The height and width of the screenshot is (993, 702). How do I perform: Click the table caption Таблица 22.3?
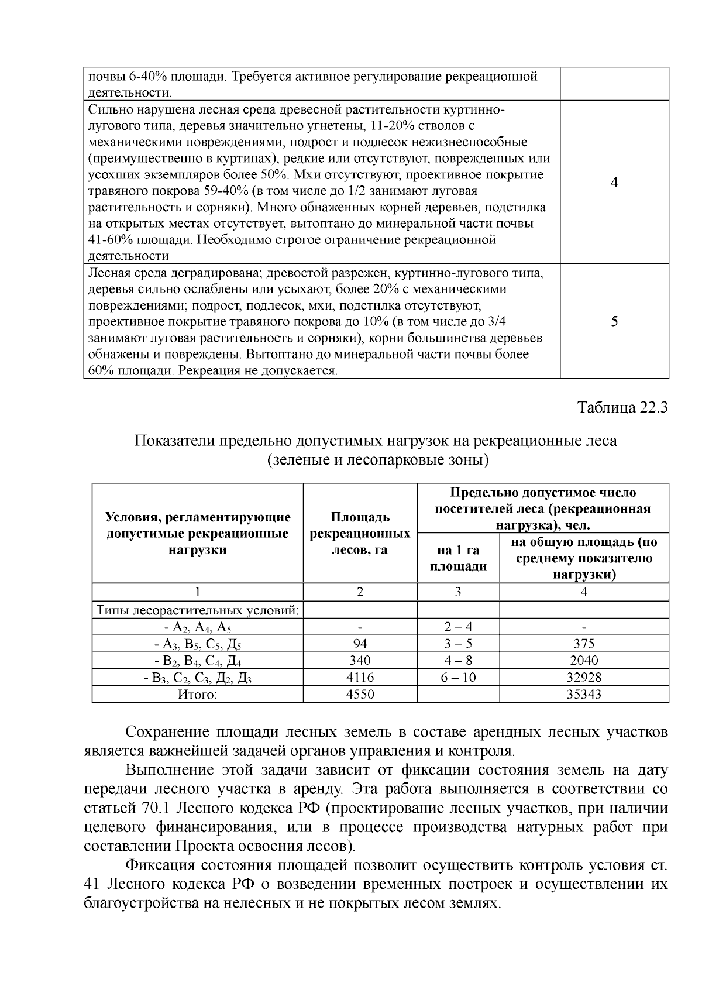pos(622,407)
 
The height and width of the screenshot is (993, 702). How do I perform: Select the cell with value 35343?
pos(583,695)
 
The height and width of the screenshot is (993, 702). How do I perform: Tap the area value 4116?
pos(360,678)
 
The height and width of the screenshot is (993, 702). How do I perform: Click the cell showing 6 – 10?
pos(458,678)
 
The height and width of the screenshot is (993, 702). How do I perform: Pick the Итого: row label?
pos(198,695)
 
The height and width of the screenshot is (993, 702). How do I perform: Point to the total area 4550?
pos(360,695)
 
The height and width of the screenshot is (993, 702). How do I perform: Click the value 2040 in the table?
pos(583,661)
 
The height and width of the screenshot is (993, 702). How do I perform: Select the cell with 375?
pos(583,644)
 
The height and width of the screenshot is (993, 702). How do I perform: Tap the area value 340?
pos(360,661)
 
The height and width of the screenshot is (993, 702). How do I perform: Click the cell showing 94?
pos(360,644)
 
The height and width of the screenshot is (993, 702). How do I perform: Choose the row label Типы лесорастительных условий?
pos(198,610)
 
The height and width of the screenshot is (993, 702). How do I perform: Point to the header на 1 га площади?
pos(458,558)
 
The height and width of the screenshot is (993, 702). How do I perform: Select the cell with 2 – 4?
pos(458,627)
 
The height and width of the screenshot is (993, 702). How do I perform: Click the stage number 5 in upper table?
pos(614,321)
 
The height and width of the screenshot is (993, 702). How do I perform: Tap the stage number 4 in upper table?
pos(614,183)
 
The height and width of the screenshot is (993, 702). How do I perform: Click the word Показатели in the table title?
pos(174,441)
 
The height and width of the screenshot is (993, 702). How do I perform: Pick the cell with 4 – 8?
pos(458,661)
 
